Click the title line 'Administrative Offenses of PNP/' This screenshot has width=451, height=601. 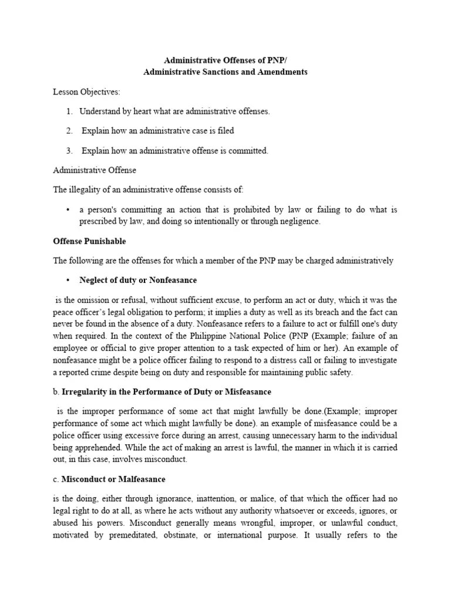coord(225,60)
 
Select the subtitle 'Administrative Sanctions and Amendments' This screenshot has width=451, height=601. coord(225,72)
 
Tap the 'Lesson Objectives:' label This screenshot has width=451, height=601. coord(86,92)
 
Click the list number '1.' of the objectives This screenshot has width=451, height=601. coord(69,112)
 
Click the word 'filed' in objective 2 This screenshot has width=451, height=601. coord(225,131)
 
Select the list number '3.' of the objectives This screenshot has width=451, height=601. coord(69,151)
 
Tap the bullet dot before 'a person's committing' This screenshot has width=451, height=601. coord(69,210)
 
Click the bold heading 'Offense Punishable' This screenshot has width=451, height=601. coord(89,241)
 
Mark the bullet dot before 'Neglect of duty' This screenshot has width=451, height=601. coord(69,280)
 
